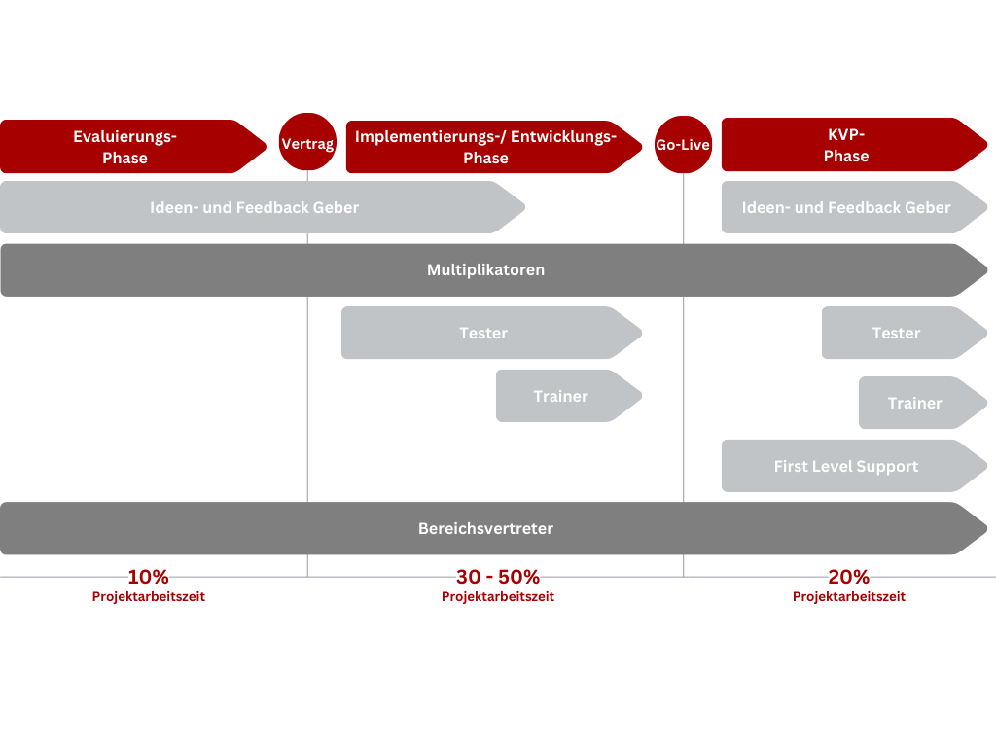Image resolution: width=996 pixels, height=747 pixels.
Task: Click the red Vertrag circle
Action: point(307,142)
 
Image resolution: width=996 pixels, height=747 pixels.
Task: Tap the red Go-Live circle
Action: point(684,144)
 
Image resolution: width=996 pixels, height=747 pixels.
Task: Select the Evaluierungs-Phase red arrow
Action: point(132,146)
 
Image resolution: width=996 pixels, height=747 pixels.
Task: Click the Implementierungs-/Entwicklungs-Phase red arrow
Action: point(494,147)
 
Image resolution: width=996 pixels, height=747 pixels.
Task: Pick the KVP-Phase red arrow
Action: point(854,144)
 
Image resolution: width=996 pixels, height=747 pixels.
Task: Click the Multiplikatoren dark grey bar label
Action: point(486,270)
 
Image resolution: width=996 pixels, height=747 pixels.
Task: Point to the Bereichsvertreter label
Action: point(486,528)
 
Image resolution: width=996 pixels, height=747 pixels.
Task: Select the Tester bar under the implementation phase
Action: point(491,333)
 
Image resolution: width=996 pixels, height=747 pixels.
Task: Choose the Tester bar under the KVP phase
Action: point(905,333)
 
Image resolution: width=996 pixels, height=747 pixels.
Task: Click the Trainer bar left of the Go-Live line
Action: point(569,396)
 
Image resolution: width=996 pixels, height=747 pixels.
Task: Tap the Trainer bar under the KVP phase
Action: point(923,403)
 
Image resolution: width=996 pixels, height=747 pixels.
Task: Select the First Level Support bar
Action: point(854,466)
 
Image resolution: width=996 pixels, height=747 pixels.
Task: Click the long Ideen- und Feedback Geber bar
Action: point(263,207)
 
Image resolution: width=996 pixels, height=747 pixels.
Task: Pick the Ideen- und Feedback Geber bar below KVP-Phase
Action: point(854,207)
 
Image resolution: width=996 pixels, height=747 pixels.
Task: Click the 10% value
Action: point(148,577)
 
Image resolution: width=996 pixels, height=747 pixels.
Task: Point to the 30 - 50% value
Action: point(498,577)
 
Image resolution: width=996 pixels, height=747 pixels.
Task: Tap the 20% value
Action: point(848,577)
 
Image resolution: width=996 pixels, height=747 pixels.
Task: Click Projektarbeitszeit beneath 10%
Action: point(149,596)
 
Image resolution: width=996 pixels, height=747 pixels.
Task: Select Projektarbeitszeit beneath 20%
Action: point(848,596)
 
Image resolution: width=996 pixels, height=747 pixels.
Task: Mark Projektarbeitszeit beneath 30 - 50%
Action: point(498,596)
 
